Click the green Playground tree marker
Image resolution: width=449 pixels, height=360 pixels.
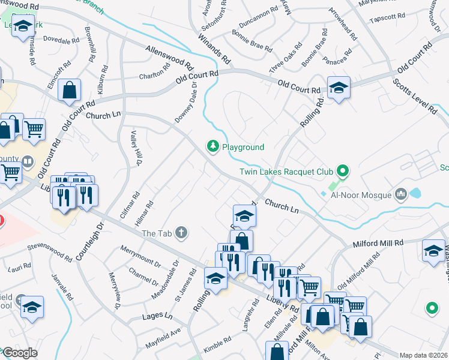pos(212,146)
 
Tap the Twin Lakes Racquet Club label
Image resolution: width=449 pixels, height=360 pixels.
pos(286,172)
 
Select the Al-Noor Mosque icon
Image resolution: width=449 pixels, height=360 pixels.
pos(401,194)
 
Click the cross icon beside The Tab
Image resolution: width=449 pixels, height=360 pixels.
pos(181,233)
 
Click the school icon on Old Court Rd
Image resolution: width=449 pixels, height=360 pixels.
pos(339,87)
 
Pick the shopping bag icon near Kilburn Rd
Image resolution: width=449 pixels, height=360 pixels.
pos(70,91)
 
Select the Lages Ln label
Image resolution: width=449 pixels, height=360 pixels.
pos(157,316)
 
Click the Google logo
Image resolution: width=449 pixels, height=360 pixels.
pos(19,353)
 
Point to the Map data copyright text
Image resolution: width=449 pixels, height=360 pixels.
pos(424,355)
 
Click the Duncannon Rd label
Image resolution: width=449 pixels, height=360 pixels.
pos(258,18)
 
